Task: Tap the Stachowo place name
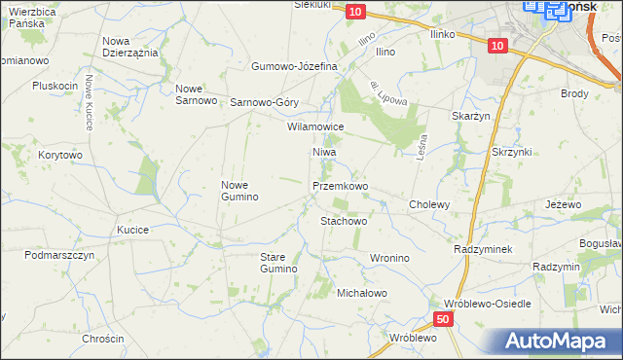tap(344, 221)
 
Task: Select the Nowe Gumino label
tap(239, 191)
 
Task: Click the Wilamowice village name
tap(315, 126)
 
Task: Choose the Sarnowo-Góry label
tap(264, 102)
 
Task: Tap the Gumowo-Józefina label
tap(294, 66)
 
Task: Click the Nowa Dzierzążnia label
tap(130, 47)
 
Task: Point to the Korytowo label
tap(60, 155)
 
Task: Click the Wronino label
tap(389, 258)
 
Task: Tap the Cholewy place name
tap(429, 204)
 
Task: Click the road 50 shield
tap(443, 319)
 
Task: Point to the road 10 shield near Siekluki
tap(354, 11)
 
